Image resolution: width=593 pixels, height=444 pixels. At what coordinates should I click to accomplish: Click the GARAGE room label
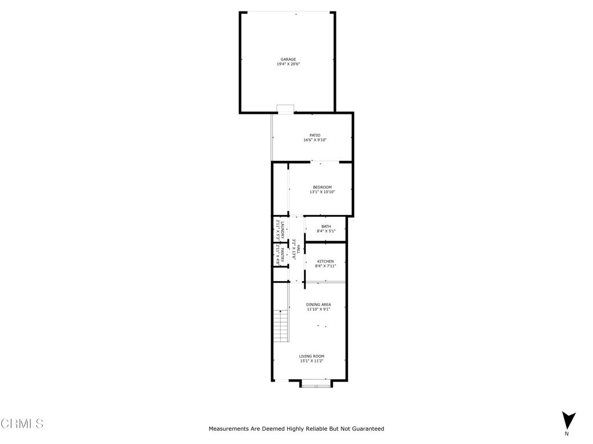click(x=288, y=59)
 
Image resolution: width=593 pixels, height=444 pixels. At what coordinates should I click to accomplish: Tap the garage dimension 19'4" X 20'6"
click(x=288, y=64)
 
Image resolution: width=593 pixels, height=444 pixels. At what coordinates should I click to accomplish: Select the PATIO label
click(x=314, y=135)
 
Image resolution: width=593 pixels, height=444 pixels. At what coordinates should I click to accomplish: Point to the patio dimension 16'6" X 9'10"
click(x=314, y=140)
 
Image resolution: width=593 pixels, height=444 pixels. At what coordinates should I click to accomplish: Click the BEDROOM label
click(x=322, y=187)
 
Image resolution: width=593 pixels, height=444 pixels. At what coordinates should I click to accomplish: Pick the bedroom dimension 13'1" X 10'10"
click(x=322, y=192)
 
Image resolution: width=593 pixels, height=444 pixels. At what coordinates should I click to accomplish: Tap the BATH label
click(x=326, y=226)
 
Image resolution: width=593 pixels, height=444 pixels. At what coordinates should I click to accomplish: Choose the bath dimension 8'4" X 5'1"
click(x=326, y=231)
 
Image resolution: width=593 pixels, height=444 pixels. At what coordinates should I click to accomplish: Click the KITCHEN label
click(x=325, y=261)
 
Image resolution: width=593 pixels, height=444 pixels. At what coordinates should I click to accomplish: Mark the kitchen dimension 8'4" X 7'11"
click(x=325, y=267)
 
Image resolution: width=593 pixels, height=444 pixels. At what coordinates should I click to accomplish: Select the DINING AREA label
click(x=319, y=304)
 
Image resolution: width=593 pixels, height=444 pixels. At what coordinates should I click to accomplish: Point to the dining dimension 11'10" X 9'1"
click(x=319, y=309)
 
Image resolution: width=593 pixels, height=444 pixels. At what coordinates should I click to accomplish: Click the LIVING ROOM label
click(x=312, y=356)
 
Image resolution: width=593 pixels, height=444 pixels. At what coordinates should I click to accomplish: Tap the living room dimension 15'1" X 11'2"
click(x=312, y=361)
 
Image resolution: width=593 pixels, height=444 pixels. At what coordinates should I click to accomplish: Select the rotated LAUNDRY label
click(x=283, y=230)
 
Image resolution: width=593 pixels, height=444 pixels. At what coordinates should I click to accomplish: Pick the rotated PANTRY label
click(x=283, y=255)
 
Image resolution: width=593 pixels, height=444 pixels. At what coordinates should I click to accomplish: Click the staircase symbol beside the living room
click(x=280, y=325)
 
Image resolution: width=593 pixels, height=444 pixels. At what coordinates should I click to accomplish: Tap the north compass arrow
click(x=569, y=420)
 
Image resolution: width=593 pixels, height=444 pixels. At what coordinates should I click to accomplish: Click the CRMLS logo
click(x=22, y=424)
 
